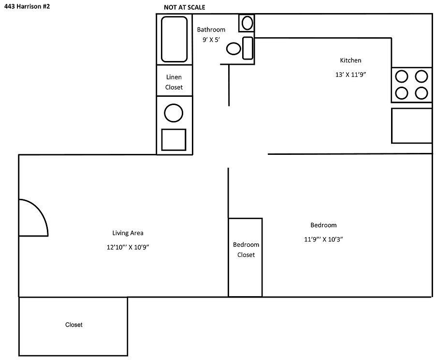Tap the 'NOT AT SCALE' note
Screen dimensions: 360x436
coord(184,8)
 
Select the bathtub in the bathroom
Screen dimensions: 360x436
coord(174,39)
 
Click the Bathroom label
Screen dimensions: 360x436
coord(211,30)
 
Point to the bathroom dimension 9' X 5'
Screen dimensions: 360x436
coord(211,40)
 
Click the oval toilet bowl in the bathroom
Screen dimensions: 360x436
coord(233,48)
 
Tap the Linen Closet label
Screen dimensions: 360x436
coord(174,82)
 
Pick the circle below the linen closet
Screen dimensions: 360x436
coord(174,113)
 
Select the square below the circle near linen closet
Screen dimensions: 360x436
coord(174,140)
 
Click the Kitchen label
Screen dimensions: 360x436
coord(350,60)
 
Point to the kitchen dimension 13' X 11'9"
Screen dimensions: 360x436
coord(351,75)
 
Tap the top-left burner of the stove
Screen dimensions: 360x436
coord(402,76)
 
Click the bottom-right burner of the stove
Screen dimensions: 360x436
coord(421,92)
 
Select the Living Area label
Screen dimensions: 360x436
coord(128,233)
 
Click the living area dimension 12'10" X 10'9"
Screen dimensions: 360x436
coord(128,247)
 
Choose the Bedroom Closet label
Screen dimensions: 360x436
coord(246,250)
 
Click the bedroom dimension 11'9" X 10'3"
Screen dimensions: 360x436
coord(323,239)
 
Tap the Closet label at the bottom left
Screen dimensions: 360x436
coord(74,325)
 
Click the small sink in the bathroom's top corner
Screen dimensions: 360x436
coord(247,23)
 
